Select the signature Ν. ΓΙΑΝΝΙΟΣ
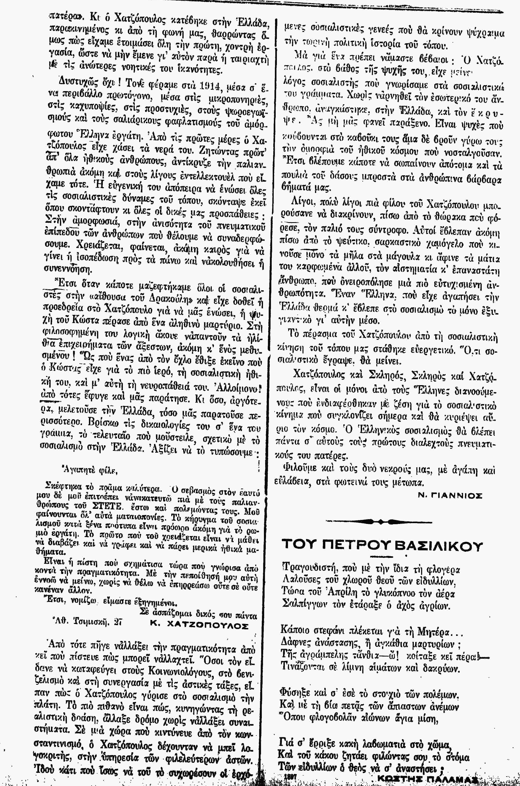click(449, 496)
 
